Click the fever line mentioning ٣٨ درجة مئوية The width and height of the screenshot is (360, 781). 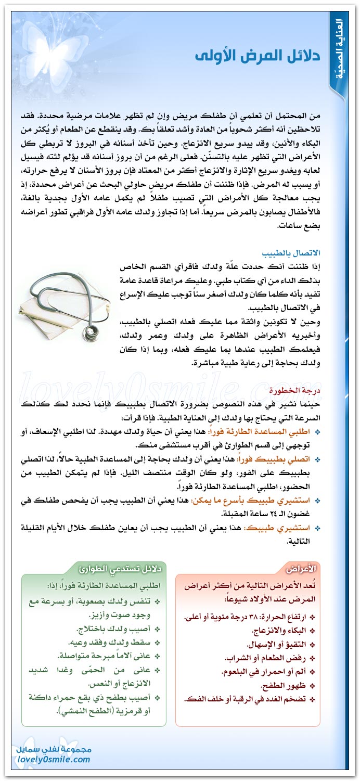[x=250, y=617]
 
